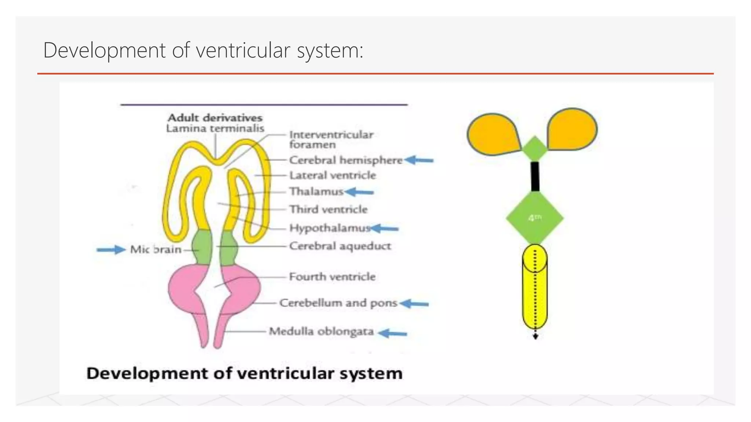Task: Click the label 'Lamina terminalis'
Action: tap(215, 129)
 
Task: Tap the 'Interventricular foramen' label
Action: tap(331, 140)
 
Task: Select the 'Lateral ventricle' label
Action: tap(333, 175)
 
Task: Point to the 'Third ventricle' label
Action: tap(328, 210)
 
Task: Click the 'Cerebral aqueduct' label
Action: tap(340, 246)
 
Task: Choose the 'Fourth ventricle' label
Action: tap(332, 277)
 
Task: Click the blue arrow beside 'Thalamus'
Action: tap(359, 192)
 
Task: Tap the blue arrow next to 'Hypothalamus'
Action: tap(385, 229)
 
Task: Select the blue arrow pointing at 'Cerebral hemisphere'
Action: tap(419, 160)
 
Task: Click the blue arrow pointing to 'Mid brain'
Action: tap(111, 250)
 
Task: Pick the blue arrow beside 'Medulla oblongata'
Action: tap(392, 333)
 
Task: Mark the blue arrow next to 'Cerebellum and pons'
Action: tap(414, 304)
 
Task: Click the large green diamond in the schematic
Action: tap(535, 218)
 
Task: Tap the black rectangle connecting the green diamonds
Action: tap(535, 176)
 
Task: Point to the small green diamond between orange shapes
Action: tap(535, 149)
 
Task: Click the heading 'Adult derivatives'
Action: tap(215, 118)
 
